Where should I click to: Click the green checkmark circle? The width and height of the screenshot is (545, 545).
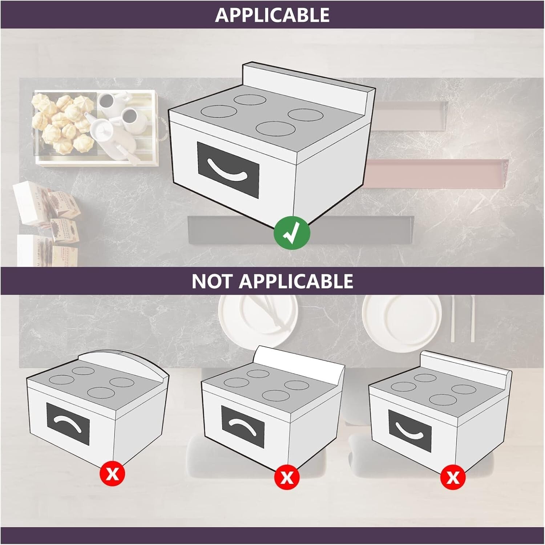coord(292,233)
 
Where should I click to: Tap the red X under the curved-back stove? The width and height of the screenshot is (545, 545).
coord(113,474)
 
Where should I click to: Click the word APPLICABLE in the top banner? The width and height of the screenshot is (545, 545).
coord(272,15)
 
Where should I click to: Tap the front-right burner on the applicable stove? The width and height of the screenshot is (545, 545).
coord(275,128)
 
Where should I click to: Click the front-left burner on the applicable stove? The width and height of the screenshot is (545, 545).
coord(219,111)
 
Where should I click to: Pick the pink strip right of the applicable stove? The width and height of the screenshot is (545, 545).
coord(436,174)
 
